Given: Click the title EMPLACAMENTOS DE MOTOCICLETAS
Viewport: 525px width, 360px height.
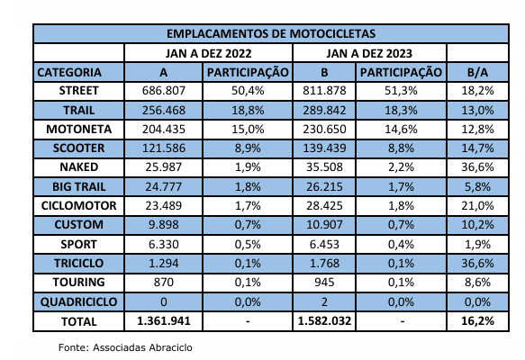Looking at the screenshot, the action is [271, 33].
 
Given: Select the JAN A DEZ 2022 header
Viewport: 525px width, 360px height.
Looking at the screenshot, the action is [208, 53].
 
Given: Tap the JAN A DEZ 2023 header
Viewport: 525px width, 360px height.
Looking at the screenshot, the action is [369, 53].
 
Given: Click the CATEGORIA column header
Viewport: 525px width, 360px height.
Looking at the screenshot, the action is [69, 72].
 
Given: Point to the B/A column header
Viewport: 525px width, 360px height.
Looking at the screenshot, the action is [477, 72].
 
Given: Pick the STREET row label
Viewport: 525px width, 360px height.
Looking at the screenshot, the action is [78, 91].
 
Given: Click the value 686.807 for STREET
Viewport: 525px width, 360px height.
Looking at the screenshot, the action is [163, 91].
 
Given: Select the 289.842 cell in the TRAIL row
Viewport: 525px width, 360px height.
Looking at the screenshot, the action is [324, 110].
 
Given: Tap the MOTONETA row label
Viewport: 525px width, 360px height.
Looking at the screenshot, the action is [78, 129].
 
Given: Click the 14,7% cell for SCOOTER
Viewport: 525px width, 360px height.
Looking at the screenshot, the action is [477, 148].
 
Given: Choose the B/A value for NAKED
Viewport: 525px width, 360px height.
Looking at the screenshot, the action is [477, 167].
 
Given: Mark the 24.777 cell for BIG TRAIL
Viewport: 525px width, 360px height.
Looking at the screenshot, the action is [163, 186].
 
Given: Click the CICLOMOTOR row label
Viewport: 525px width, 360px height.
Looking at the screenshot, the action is [78, 205].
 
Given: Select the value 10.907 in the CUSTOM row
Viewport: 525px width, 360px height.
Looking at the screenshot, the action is [324, 224].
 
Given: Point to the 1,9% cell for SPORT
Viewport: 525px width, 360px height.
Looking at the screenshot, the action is [477, 244].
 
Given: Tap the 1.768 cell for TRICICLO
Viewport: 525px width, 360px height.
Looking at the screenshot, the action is [324, 263].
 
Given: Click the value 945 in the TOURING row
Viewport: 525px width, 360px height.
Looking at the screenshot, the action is [324, 282].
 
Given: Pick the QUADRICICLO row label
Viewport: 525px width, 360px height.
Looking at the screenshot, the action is [78, 301].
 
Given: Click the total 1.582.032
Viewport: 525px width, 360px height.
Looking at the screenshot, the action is [324, 321].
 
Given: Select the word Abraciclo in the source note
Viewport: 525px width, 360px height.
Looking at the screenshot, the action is [170, 347].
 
